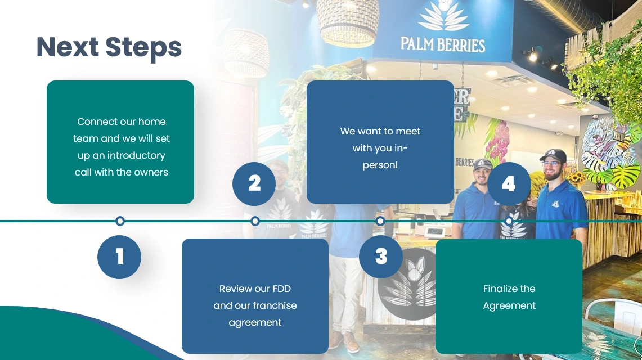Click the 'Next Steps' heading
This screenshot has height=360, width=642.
tap(109, 47)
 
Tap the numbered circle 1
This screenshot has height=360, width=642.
tap(119, 257)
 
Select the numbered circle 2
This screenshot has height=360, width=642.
tap(254, 183)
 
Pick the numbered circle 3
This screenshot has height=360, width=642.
tap(381, 256)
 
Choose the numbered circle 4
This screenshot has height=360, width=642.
tap(509, 183)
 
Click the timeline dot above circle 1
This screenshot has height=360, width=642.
tap(120, 221)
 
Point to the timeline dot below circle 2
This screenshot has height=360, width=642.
tap(255, 221)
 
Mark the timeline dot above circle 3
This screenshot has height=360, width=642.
tap(380, 221)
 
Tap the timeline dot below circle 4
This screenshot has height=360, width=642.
tap(509, 221)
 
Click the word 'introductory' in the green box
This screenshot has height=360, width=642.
tap(136, 155)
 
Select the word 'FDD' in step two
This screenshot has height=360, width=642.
tap(281, 289)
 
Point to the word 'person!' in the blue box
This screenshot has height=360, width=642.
tap(380, 165)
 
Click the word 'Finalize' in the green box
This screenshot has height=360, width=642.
tap(500, 289)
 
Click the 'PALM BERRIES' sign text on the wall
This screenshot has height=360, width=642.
tap(442, 44)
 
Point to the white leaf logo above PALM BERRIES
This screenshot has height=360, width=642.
tap(443, 16)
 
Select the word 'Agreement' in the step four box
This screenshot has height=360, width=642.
tap(509, 305)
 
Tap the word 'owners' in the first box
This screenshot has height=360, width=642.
tap(150, 172)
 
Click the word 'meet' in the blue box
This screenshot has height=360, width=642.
tap(408, 131)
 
